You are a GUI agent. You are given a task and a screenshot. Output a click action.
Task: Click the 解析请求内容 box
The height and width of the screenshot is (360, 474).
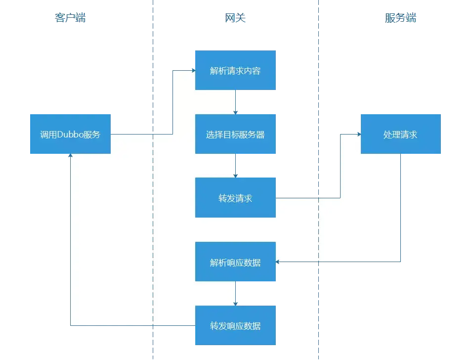click(x=235, y=70)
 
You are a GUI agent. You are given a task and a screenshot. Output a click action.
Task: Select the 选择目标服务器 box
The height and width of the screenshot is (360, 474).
click(x=235, y=134)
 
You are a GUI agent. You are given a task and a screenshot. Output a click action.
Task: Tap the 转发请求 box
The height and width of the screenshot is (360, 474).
click(x=235, y=198)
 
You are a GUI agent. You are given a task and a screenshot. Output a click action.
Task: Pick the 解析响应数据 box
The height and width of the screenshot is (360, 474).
click(x=235, y=262)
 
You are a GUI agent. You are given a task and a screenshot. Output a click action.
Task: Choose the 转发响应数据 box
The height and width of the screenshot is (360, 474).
click(x=235, y=325)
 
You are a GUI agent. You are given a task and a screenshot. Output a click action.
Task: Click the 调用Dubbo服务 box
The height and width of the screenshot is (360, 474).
click(x=69, y=134)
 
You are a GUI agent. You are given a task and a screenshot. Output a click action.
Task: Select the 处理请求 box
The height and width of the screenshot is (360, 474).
click(x=400, y=134)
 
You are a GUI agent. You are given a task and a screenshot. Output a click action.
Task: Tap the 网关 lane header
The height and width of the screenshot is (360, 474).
click(x=235, y=19)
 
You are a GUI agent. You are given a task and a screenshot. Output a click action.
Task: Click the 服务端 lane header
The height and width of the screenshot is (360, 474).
click(x=400, y=19)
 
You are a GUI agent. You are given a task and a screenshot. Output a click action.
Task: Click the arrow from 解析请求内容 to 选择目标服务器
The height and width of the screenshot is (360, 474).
click(x=236, y=102)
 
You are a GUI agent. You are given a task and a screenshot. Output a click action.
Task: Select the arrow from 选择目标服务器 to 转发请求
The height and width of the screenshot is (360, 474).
click(x=236, y=165)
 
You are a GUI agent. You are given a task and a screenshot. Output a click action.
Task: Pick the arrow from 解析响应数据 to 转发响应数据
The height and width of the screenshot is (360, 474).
click(x=236, y=293)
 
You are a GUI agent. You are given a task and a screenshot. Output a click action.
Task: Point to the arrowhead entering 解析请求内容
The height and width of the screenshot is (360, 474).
click(x=193, y=70)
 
